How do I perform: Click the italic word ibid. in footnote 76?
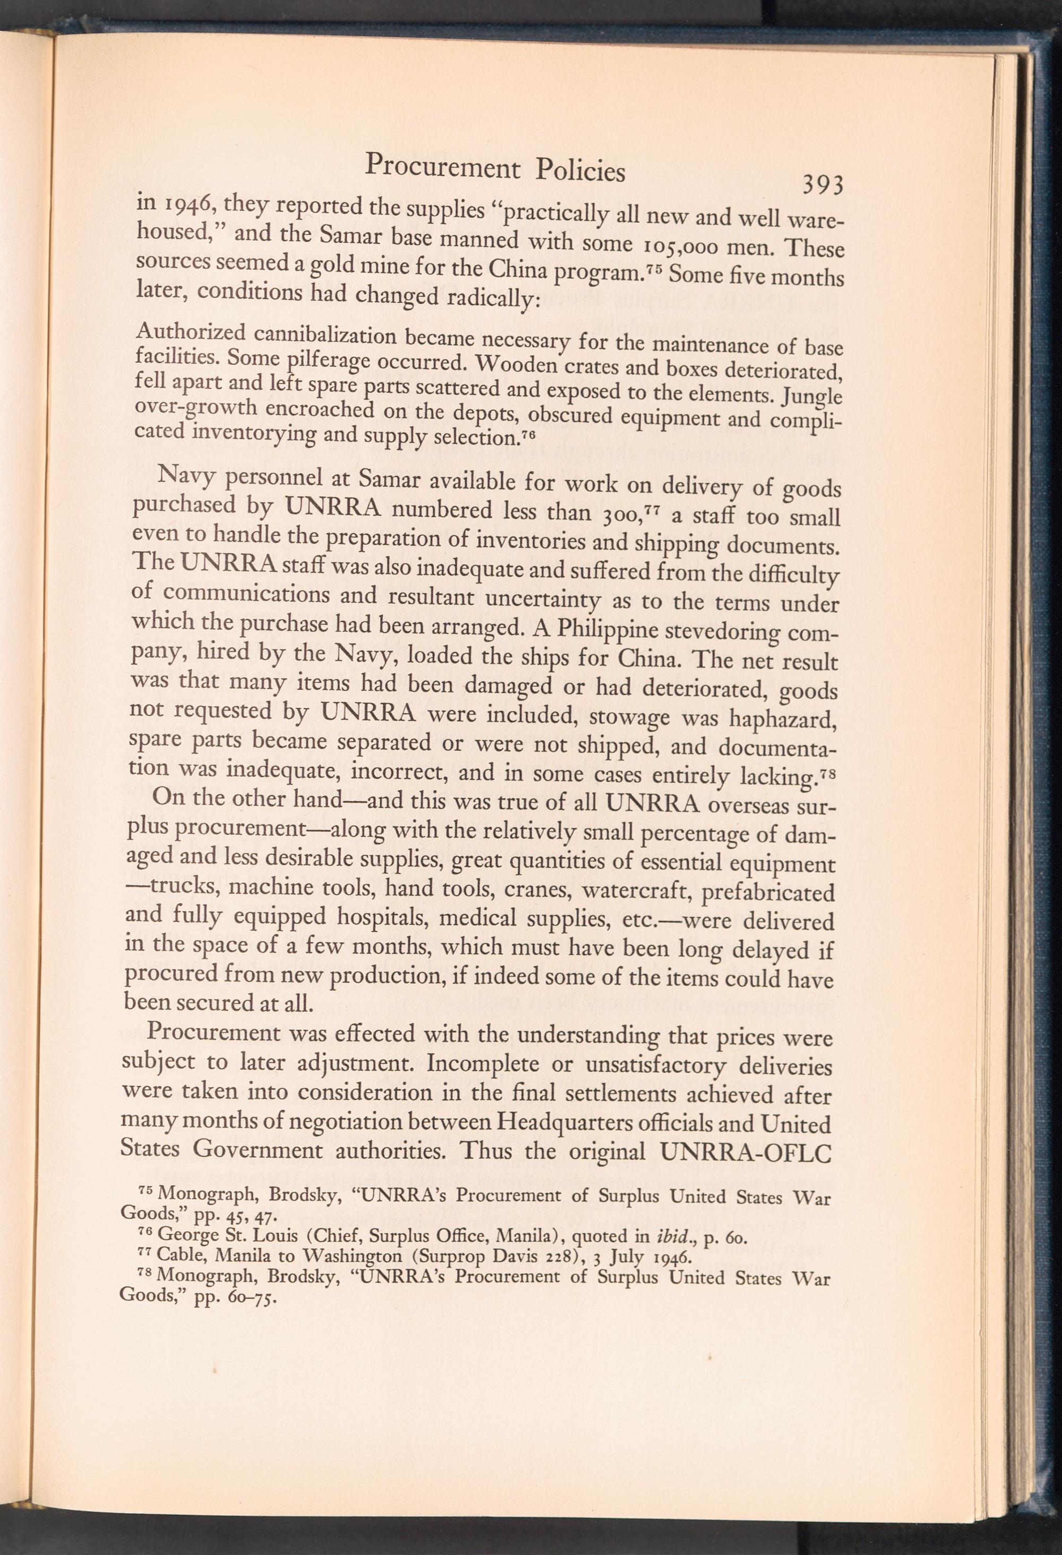pos(682,1236)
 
